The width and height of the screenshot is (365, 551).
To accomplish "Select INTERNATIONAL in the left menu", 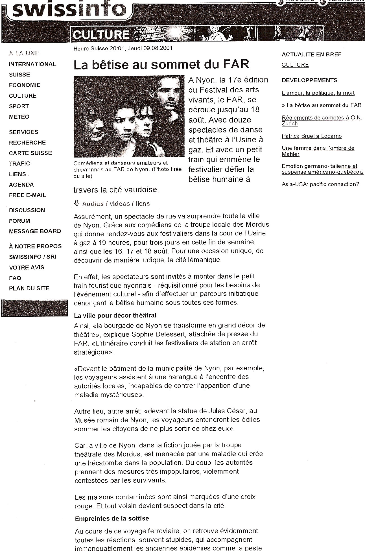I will click(x=32, y=64).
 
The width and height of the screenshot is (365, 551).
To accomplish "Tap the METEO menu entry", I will click(x=19, y=117).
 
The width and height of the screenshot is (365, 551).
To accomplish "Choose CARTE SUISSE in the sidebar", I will click(x=30, y=153).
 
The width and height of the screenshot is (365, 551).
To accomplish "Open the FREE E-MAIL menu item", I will click(x=27, y=195).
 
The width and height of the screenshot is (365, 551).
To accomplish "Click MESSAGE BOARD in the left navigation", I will click(x=35, y=231).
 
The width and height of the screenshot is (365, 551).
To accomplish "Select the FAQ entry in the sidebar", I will click(x=15, y=278).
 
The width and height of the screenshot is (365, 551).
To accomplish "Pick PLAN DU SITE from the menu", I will click(x=29, y=288).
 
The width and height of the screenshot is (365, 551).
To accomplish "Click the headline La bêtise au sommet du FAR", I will click(x=161, y=65).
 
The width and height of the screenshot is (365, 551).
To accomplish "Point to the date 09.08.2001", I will click(x=158, y=48).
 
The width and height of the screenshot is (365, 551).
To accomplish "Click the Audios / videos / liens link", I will click(x=116, y=204).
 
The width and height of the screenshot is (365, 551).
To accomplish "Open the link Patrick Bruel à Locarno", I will click(x=312, y=136).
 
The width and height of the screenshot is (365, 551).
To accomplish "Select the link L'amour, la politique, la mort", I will click(x=318, y=93).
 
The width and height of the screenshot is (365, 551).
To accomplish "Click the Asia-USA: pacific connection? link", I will click(x=320, y=184).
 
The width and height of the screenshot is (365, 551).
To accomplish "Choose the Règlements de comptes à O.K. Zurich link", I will click(x=322, y=121).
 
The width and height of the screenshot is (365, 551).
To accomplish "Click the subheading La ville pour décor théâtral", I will click(x=115, y=315).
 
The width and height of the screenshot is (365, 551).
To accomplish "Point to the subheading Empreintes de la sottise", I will click(x=112, y=519).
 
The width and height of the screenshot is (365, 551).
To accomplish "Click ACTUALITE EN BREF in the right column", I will click(x=311, y=54).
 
